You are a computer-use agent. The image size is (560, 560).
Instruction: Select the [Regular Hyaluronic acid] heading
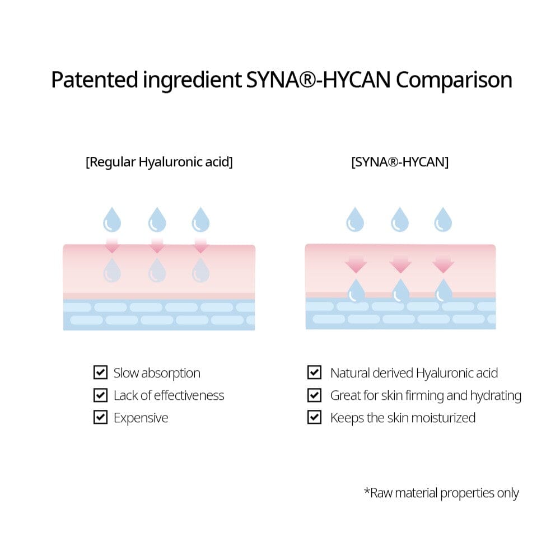pos(159,162)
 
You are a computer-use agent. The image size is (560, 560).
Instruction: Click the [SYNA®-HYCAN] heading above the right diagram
pos(400,162)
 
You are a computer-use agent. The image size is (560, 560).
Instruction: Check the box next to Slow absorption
pos(100,372)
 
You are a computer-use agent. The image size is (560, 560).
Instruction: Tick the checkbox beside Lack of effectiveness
pos(100,395)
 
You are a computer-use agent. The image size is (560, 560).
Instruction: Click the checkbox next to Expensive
pos(100,417)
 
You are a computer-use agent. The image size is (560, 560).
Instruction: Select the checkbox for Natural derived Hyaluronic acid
pos(315,372)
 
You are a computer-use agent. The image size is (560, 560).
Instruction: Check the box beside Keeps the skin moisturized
pos(315,417)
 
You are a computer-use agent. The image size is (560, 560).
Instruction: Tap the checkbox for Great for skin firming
pos(315,395)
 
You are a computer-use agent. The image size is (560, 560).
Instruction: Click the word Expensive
pos(141,418)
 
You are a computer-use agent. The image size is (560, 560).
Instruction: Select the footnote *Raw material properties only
pos(441,493)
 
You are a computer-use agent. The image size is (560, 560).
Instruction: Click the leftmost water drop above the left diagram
pos(112,220)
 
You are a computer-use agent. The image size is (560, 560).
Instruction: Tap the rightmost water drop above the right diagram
pos(443,220)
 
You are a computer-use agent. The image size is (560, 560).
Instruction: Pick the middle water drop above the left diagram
pos(157,220)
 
